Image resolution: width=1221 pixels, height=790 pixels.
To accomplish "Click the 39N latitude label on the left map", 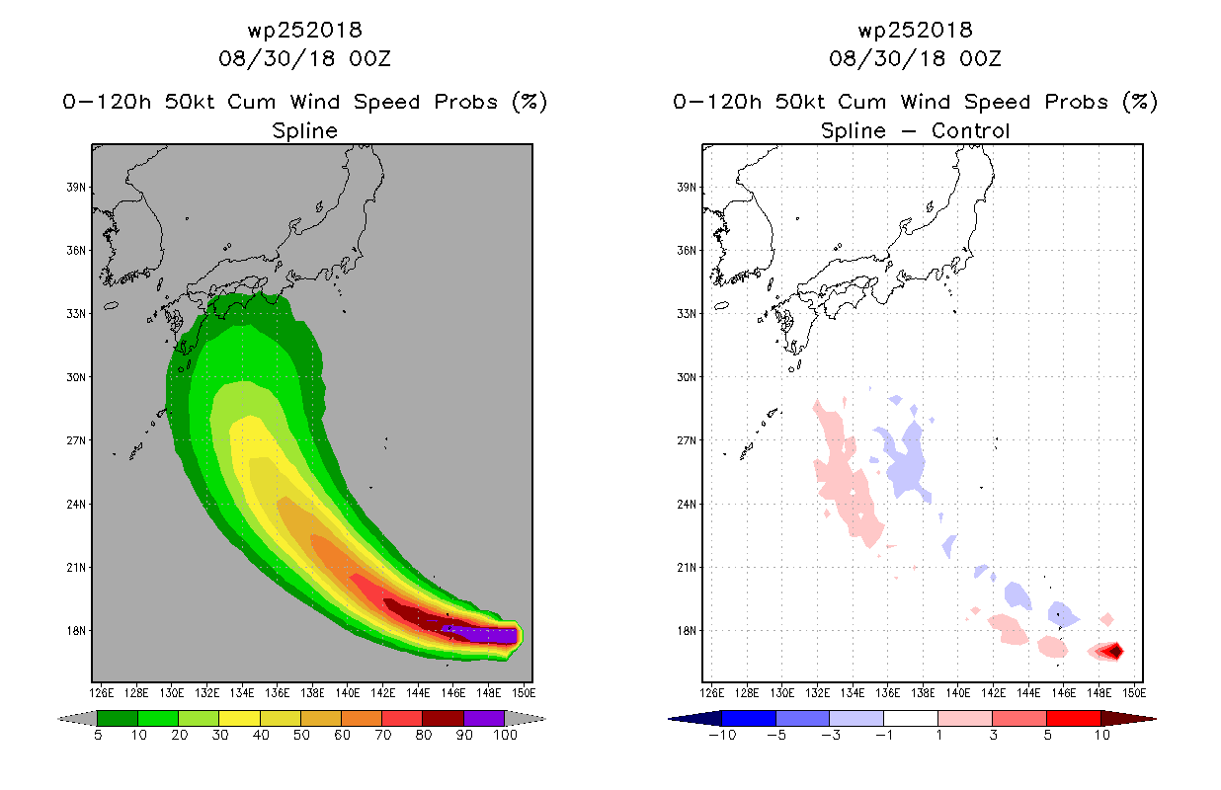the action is click(76, 188).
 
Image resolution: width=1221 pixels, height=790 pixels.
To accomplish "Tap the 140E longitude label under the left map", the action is click(347, 693).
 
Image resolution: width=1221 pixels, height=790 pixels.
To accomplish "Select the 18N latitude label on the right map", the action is click(687, 631).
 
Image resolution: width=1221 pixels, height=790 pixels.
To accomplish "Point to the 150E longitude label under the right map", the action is click(1134, 693).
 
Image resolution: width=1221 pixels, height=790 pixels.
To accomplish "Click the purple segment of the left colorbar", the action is click(484, 718).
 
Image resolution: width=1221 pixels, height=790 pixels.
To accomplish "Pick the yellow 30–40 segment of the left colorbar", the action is click(239, 718).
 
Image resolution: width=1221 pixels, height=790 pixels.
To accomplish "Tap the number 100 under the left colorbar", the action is click(505, 735).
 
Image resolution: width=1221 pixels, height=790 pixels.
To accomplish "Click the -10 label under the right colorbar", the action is click(722, 735).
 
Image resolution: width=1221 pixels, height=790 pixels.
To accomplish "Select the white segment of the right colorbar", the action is click(910, 718).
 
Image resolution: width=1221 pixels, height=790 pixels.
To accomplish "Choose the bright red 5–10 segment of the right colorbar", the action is click(1073, 718).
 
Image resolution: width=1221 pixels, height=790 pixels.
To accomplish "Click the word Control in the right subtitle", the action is click(970, 131).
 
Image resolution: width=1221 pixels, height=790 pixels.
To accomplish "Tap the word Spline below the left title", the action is click(304, 131).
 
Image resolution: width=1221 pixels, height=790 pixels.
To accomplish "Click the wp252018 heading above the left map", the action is click(304, 31).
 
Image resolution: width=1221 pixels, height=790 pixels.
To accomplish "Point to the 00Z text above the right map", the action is click(980, 58).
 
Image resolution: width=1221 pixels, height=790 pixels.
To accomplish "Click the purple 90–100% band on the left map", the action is click(482, 635).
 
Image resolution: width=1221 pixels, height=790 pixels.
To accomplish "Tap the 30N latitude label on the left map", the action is click(76, 377).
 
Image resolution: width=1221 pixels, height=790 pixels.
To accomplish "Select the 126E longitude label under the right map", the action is click(711, 693).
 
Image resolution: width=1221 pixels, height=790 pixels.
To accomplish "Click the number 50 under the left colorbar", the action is click(301, 735).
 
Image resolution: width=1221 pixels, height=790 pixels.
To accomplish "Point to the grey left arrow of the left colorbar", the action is click(77, 719).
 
